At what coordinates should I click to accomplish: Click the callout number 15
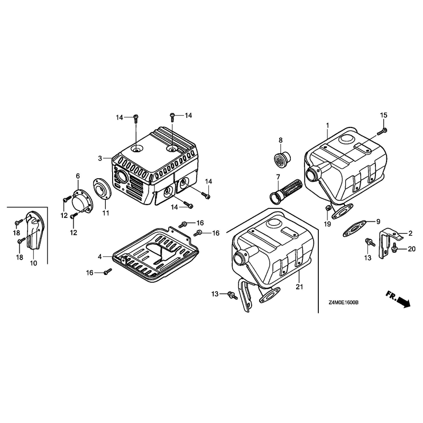coord(383,115)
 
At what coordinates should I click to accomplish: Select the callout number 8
coord(281,140)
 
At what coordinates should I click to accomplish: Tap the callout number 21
coord(299,287)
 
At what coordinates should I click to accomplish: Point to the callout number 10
coord(33,263)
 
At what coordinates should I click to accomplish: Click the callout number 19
coord(327,224)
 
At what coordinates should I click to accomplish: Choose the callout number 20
coord(412,249)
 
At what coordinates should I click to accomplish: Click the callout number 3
coord(100,158)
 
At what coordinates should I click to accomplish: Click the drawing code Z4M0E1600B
coord(343,302)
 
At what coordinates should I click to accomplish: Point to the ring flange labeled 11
coord(102,189)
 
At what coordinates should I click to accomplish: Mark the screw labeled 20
coord(393,248)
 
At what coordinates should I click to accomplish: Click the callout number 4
coord(100,257)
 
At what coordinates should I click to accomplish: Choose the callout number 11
coord(106,213)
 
